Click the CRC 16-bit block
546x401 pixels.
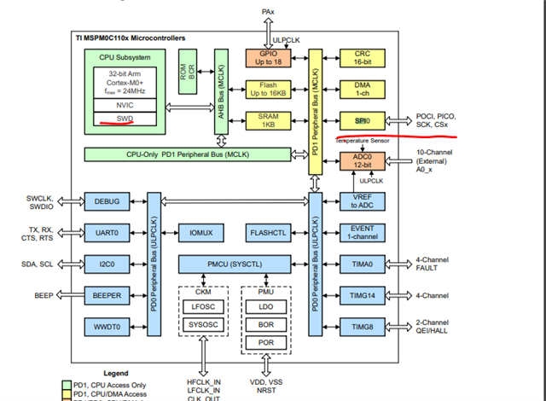(361, 58)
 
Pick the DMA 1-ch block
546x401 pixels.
(361, 90)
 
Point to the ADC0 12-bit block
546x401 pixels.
(361, 160)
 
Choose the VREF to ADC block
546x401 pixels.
(361, 200)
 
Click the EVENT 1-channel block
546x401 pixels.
(361, 232)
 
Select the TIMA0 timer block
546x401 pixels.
(361, 264)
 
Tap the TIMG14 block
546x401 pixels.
(361, 295)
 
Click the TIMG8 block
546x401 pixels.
(361, 327)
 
